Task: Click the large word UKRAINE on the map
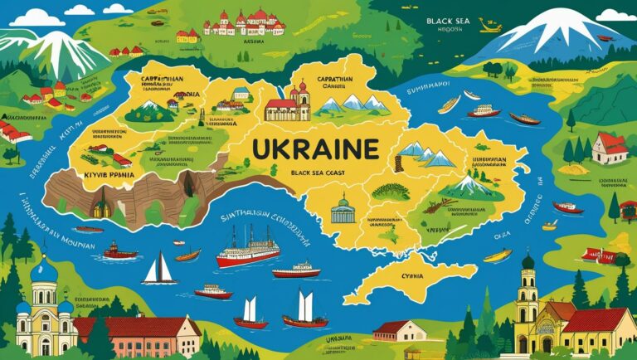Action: [314, 149]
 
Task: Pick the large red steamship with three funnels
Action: [248, 248]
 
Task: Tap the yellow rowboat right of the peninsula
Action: [498, 255]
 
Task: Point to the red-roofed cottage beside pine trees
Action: [610, 148]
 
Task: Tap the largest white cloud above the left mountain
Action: [38, 17]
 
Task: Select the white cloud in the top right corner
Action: [616, 14]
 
